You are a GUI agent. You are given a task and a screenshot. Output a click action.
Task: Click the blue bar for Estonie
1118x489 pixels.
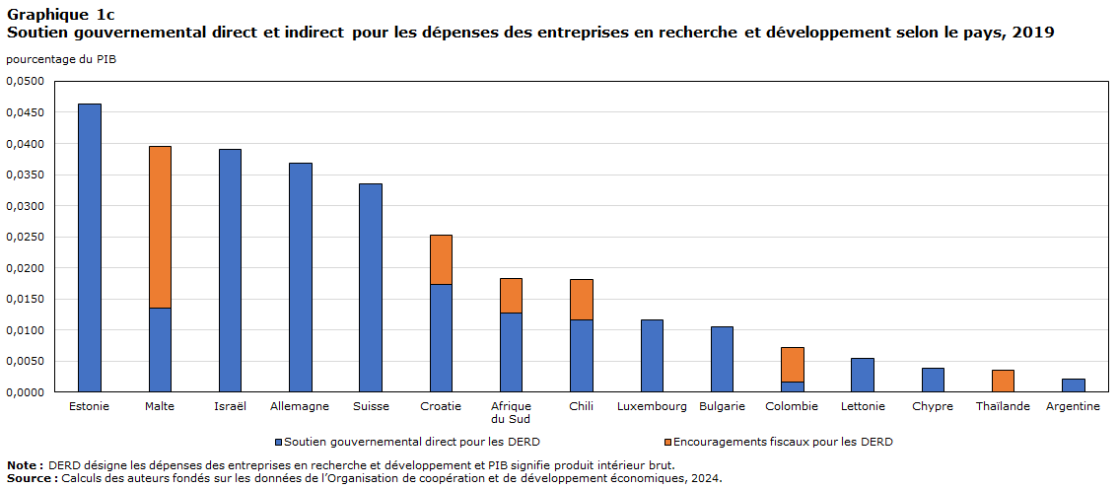90,247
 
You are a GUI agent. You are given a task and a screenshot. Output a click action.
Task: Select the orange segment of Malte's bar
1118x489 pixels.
160,227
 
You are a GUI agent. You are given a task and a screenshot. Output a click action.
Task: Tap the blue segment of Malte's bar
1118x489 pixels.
160,350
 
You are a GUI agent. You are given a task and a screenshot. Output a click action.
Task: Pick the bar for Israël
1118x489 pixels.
230,270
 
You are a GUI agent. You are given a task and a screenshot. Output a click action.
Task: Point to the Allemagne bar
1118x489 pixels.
301,277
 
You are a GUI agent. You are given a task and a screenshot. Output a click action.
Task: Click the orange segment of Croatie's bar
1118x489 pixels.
441,259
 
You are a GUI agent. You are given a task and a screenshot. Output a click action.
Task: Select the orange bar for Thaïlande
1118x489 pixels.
1003,381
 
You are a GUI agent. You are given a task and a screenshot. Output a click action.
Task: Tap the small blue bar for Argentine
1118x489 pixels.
1073,385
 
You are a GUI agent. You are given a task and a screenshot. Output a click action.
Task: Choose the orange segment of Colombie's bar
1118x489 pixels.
793,364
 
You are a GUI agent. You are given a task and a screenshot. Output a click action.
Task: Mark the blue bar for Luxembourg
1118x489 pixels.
652,356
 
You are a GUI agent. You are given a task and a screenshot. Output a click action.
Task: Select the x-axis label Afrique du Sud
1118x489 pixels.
512,412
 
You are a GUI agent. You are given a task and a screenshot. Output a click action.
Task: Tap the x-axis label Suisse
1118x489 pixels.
371,406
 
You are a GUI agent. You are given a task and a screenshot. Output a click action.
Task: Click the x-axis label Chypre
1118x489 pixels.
932,406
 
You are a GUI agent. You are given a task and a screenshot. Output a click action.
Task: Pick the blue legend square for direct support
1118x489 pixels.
279,443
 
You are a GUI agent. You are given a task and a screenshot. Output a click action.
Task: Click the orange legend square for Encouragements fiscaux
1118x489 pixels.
667,443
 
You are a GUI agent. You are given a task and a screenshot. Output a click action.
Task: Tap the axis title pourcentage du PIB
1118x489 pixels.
61,60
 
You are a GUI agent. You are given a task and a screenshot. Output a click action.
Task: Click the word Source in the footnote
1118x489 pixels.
31,478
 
